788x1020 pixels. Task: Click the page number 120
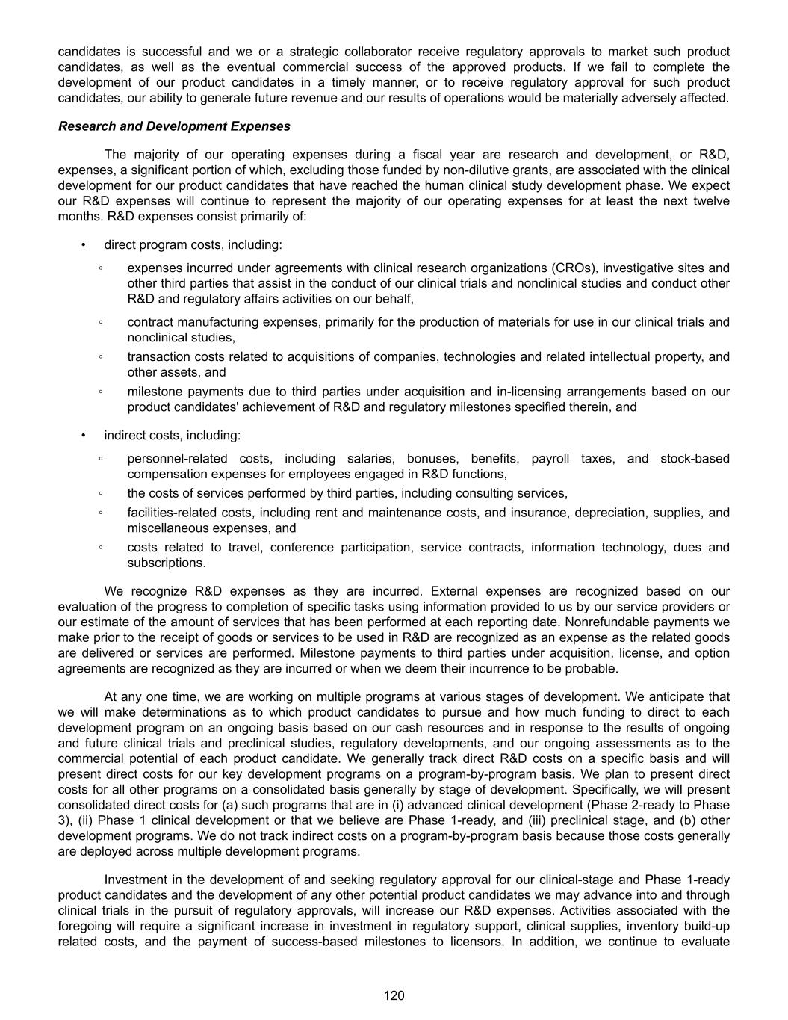point(394,995)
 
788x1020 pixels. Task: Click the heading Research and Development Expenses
point(174,126)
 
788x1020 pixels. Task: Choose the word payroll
point(550,458)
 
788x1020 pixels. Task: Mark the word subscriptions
point(166,563)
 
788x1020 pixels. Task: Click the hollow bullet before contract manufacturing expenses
point(100,322)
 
